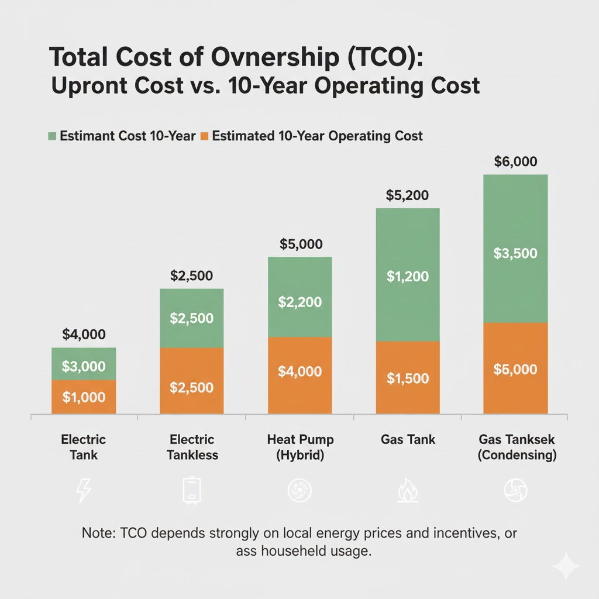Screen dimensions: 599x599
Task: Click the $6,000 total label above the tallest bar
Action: [515, 161]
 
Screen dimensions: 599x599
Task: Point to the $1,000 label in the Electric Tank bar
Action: [84, 397]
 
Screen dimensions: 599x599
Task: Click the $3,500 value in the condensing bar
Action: [515, 253]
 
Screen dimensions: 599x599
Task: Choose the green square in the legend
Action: [52, 136]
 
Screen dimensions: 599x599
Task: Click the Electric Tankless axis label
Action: [191, 447]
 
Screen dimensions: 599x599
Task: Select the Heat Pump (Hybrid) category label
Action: [299, 447]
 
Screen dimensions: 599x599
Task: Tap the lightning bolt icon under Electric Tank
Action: [84, 492]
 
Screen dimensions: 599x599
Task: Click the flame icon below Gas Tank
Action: [407, 492]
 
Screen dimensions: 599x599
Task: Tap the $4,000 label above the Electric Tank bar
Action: [84, 335]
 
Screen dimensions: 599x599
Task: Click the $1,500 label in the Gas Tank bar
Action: [407, 378]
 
